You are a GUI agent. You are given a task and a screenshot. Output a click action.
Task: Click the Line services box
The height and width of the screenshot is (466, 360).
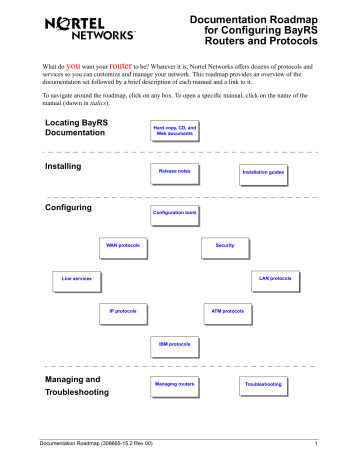pos(78,277)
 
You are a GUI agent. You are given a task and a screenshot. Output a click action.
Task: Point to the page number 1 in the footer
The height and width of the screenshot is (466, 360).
pos(315,443)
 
